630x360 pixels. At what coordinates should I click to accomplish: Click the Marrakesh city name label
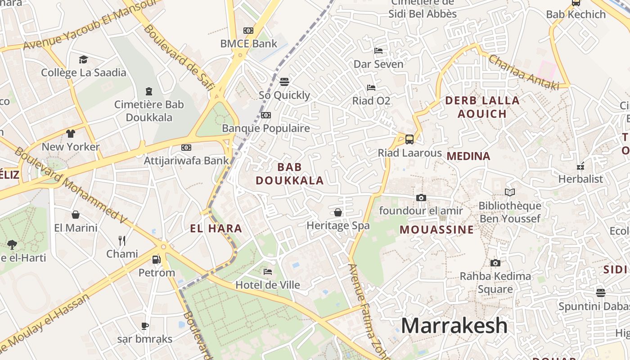pos(454,325)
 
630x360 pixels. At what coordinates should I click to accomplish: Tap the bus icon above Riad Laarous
pos(409,139)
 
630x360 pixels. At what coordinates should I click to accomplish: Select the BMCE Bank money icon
pos(248,31)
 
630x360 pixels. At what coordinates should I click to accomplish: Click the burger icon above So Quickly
pos(284,82)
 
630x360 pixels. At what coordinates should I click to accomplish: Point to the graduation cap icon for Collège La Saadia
pos(83,59)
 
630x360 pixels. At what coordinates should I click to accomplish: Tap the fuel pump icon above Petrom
pos(156,259)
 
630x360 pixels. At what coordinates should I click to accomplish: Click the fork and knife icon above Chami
pos(121,240)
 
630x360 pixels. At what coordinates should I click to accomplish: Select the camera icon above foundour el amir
pos(421,198)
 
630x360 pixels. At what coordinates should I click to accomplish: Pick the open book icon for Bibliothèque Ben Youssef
pos(509,193)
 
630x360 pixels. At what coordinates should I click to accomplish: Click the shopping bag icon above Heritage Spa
pos(338,212)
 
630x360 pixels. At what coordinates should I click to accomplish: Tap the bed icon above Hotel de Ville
pos(268,272)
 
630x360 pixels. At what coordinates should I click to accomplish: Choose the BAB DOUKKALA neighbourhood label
pos(290,174)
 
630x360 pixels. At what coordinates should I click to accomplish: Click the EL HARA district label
pos(216,229)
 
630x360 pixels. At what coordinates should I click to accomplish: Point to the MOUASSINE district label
pos(436,229)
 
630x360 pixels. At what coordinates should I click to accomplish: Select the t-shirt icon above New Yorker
pos(71,134)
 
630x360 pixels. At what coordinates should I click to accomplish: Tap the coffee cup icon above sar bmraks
pos(144,326)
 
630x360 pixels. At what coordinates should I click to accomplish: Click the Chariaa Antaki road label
pos(523,72)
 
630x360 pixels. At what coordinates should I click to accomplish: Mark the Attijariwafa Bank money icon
pos(186,148)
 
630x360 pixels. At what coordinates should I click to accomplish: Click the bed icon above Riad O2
pos(371,87)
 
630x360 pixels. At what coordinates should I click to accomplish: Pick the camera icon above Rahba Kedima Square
pos(495,263)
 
